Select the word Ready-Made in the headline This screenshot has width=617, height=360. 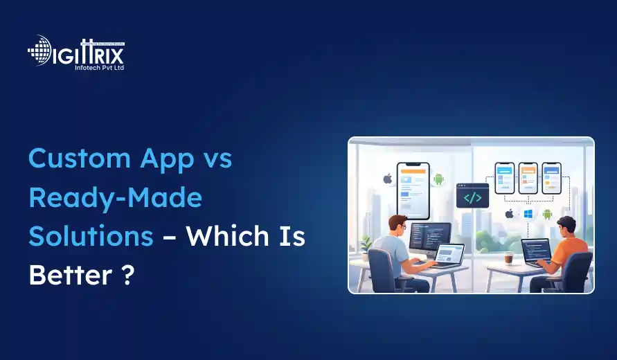[115, 198]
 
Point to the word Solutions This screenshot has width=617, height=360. [90, 236]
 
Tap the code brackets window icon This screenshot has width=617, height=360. [472, 196]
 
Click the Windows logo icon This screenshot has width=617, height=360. [528, 214]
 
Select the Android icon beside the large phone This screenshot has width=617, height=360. [438, 179]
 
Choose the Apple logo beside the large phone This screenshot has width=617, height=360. [388, 179]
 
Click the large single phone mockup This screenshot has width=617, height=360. [413, 190]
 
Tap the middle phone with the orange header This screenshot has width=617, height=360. [528, 179]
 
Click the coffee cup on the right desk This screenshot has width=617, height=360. [509, 258]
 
